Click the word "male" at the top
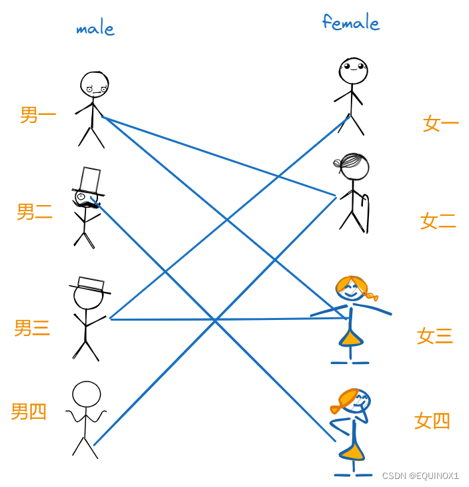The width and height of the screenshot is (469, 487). pos(95,29)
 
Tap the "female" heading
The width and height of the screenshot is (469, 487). pos(351,23)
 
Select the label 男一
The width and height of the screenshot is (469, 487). pos(38,115)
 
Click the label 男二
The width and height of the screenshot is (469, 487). pos(35,212)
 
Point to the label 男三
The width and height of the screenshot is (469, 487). pos(32,328)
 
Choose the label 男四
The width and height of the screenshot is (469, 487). pos(29,412)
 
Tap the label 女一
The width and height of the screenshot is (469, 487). pos(441,123)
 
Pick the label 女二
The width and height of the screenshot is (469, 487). pos(438,221)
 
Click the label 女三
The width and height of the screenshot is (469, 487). pos(435,335)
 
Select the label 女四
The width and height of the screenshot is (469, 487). pos(432,421)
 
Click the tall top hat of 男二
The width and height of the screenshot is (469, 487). pos(90,180)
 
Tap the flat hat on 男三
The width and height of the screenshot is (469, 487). pos(91,285)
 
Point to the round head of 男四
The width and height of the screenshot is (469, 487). pos(87,394)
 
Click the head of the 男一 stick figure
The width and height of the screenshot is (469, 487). pos(94,84)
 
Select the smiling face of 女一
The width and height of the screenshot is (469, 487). pos(353,69)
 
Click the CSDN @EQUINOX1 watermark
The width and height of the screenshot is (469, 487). pos(420,476)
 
